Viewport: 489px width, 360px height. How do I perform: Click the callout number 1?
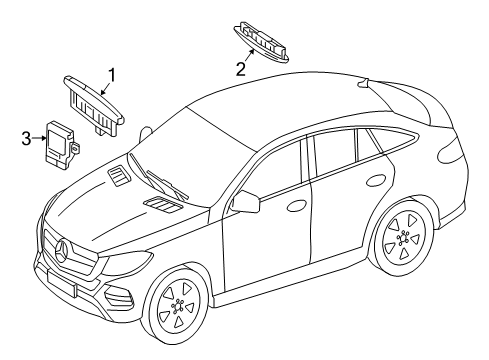click(x=113, y=73)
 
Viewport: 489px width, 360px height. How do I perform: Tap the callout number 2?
click(x=240, y=68)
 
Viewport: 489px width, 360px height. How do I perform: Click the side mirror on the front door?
click(x=244, y=203)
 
